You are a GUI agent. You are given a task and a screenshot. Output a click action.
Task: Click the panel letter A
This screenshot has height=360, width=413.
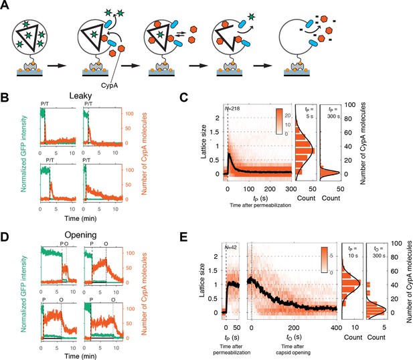click(5, 5)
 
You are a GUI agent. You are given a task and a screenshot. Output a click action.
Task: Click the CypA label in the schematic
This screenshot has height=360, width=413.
click(109, 86)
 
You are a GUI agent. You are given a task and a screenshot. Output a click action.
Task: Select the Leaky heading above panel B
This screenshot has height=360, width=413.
click(80, 96)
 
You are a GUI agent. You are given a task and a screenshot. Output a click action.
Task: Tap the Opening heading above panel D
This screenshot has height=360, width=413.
click(80, 235)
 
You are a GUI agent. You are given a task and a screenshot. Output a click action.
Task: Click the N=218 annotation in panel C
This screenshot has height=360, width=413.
click(232, 108)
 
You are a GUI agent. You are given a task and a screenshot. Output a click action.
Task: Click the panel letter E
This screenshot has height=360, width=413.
click(183, 237)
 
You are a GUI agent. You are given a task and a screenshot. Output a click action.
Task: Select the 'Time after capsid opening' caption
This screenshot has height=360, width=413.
click(293, 349)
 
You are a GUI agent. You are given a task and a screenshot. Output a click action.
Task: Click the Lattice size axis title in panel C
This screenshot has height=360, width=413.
click(203, 142)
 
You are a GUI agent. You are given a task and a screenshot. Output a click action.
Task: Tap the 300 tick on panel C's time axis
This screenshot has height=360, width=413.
click(291, 189)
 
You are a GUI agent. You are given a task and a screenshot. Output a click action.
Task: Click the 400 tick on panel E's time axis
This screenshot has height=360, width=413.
click(337, 328)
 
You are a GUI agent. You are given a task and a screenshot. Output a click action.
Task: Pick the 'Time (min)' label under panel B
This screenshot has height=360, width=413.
click(80, 219)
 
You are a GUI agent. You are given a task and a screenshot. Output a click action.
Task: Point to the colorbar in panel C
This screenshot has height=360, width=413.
click(279, 122)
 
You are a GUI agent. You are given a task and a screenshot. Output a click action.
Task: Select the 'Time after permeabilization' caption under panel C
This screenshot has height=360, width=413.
click(260, 205)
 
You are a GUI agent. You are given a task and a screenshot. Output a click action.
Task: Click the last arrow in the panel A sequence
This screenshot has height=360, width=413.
click(262, 66)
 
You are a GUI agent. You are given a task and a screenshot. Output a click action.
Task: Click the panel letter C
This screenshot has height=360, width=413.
click(183, 98)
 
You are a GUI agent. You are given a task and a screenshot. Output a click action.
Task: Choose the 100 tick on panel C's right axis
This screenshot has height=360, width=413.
click(350, 105)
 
